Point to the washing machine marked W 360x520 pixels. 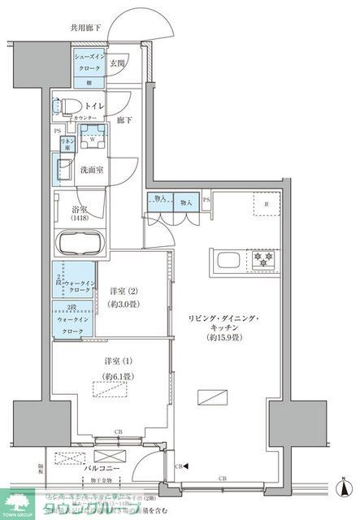pos(93,137)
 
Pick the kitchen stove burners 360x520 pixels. pos(264,259)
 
